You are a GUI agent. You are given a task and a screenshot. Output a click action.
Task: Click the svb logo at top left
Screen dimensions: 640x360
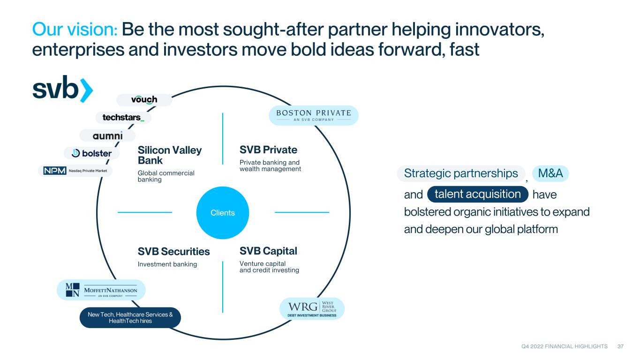(x=62, y=89)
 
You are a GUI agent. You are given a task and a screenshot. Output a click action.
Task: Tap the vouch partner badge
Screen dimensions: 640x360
(x=144, y=100)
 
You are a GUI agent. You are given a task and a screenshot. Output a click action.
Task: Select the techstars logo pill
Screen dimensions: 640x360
(x=123, y=118)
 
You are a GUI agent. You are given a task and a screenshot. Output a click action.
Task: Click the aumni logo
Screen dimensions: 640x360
(x=107, y=135)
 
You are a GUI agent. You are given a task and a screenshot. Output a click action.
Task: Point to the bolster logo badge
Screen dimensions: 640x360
(x=91, y=153)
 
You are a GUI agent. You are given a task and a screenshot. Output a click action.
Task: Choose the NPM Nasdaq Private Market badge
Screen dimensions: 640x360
(x=75, y=171)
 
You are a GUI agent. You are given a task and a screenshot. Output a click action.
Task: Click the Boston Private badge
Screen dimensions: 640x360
(x=313, y=115)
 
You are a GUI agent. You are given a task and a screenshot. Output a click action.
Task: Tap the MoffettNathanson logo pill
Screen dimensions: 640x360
(x=101, y=290)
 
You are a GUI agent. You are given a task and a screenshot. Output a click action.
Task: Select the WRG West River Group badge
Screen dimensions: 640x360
(x=312, y=308)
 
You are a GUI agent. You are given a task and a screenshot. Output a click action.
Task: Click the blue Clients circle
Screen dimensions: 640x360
(x=223, y=212)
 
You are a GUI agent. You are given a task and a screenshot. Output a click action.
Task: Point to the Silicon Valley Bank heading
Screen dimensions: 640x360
(x=170, y=155)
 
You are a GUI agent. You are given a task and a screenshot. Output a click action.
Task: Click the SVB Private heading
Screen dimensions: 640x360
(x=268, y=150)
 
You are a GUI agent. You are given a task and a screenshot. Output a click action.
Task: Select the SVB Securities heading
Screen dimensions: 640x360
(x=173, y=251)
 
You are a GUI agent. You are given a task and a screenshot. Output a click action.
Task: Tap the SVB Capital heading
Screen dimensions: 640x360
(x=268, y=251)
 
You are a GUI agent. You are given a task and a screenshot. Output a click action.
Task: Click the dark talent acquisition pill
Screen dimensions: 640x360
(x=478, y=194)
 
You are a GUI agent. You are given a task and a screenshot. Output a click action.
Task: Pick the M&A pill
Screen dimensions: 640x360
(x=550, y=173)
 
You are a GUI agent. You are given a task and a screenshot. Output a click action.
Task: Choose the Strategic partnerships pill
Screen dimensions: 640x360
(x=461, y=173)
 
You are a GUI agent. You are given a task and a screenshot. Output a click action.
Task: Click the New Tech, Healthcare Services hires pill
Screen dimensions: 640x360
(x=130, y=318)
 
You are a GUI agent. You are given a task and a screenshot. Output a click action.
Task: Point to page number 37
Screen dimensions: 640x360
(x=620, y=346)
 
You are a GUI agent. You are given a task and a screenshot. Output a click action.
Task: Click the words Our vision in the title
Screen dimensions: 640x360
(x=75, y=29)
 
